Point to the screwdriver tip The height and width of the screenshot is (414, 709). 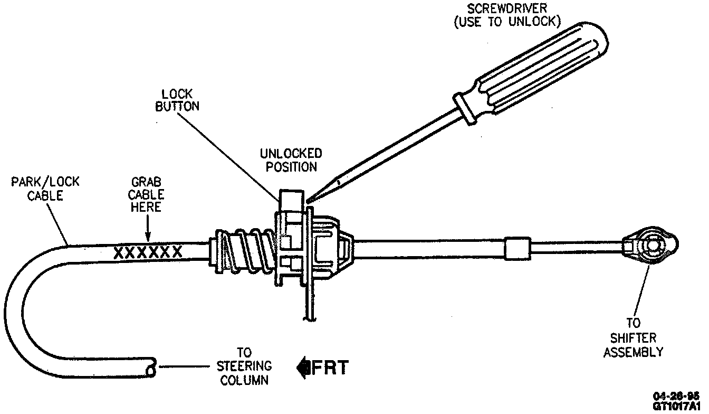click(x=309, y=200)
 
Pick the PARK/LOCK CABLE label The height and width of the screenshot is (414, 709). click(x=45, y=189)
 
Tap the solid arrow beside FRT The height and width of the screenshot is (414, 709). click(x=304, y=366)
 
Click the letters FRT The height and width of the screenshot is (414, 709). click(x=330, y=366)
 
